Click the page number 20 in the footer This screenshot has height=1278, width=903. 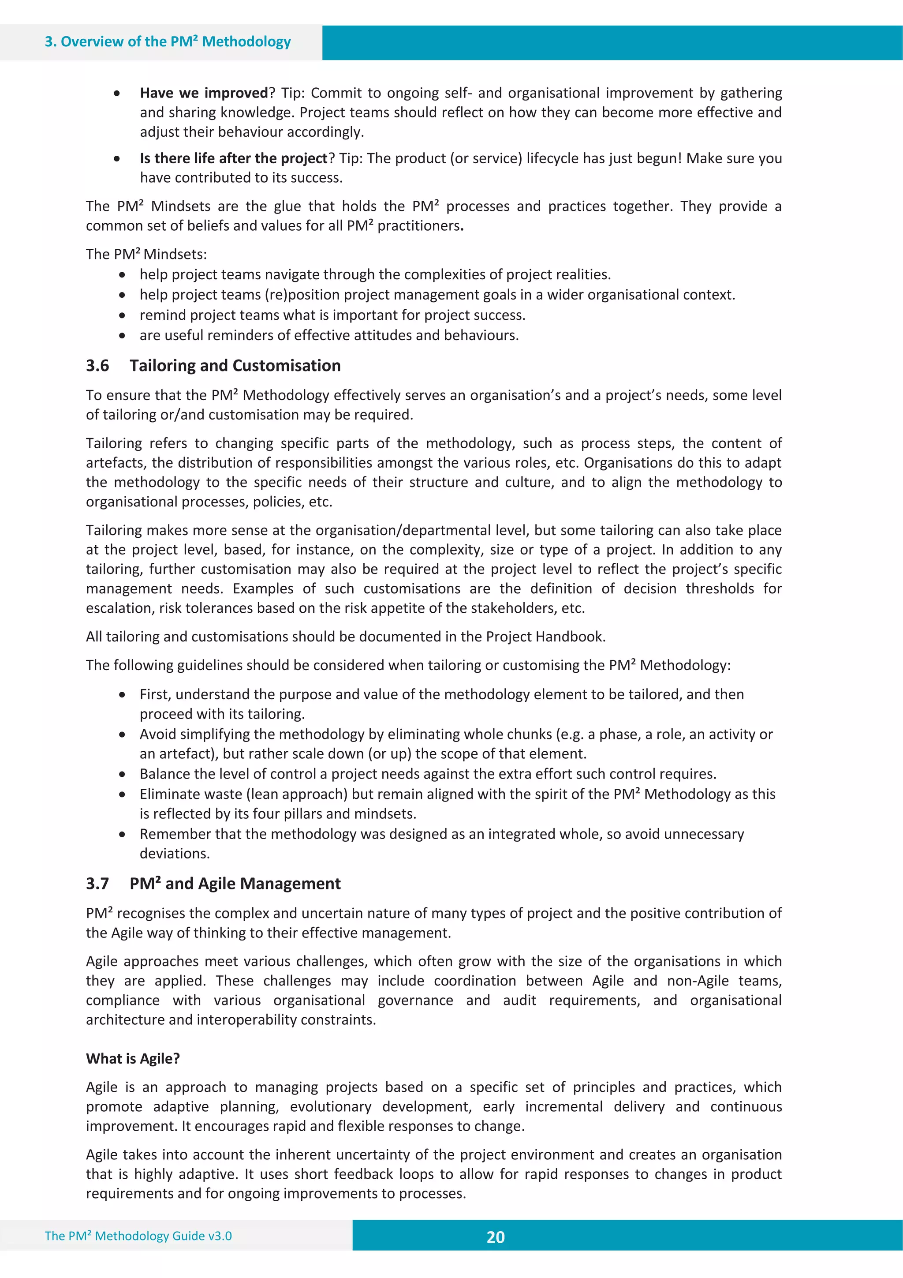tap(495, 1237)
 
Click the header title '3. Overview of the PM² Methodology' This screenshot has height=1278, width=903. tap(168, 42)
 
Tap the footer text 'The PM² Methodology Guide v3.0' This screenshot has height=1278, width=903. tap(138, 1236)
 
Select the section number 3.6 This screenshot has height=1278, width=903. tap(97, 366)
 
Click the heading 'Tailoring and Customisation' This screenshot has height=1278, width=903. tap(235, 366)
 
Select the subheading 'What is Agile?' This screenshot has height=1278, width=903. tap(133, 1058)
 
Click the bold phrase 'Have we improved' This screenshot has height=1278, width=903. tap(204, 93)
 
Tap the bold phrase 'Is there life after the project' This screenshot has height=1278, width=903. tap(234, 159)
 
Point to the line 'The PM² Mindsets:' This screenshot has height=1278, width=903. tap(146, 255)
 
